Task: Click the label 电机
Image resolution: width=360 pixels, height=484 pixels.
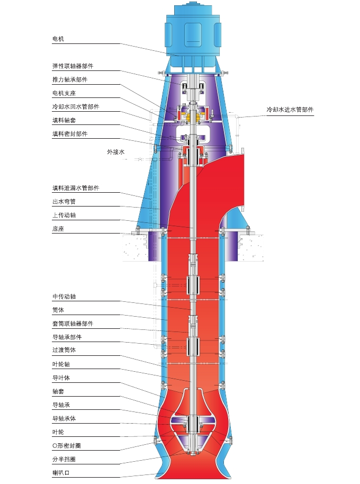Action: tap(58, 39)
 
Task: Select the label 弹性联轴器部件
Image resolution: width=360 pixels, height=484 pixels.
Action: tap(73, 66)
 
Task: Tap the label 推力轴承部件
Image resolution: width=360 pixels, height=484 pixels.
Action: tap(69, 79)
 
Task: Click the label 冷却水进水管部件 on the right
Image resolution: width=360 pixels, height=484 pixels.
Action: tap(290, 110)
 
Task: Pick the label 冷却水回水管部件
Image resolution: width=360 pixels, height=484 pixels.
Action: tap(75, 106)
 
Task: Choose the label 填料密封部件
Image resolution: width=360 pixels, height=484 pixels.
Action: tap(69, 134)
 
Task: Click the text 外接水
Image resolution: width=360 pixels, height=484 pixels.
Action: tap(115, 152)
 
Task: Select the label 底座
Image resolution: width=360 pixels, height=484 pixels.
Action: tap(58, 229)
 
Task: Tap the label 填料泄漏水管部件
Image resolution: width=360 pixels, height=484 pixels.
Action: tap(75, 188)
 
